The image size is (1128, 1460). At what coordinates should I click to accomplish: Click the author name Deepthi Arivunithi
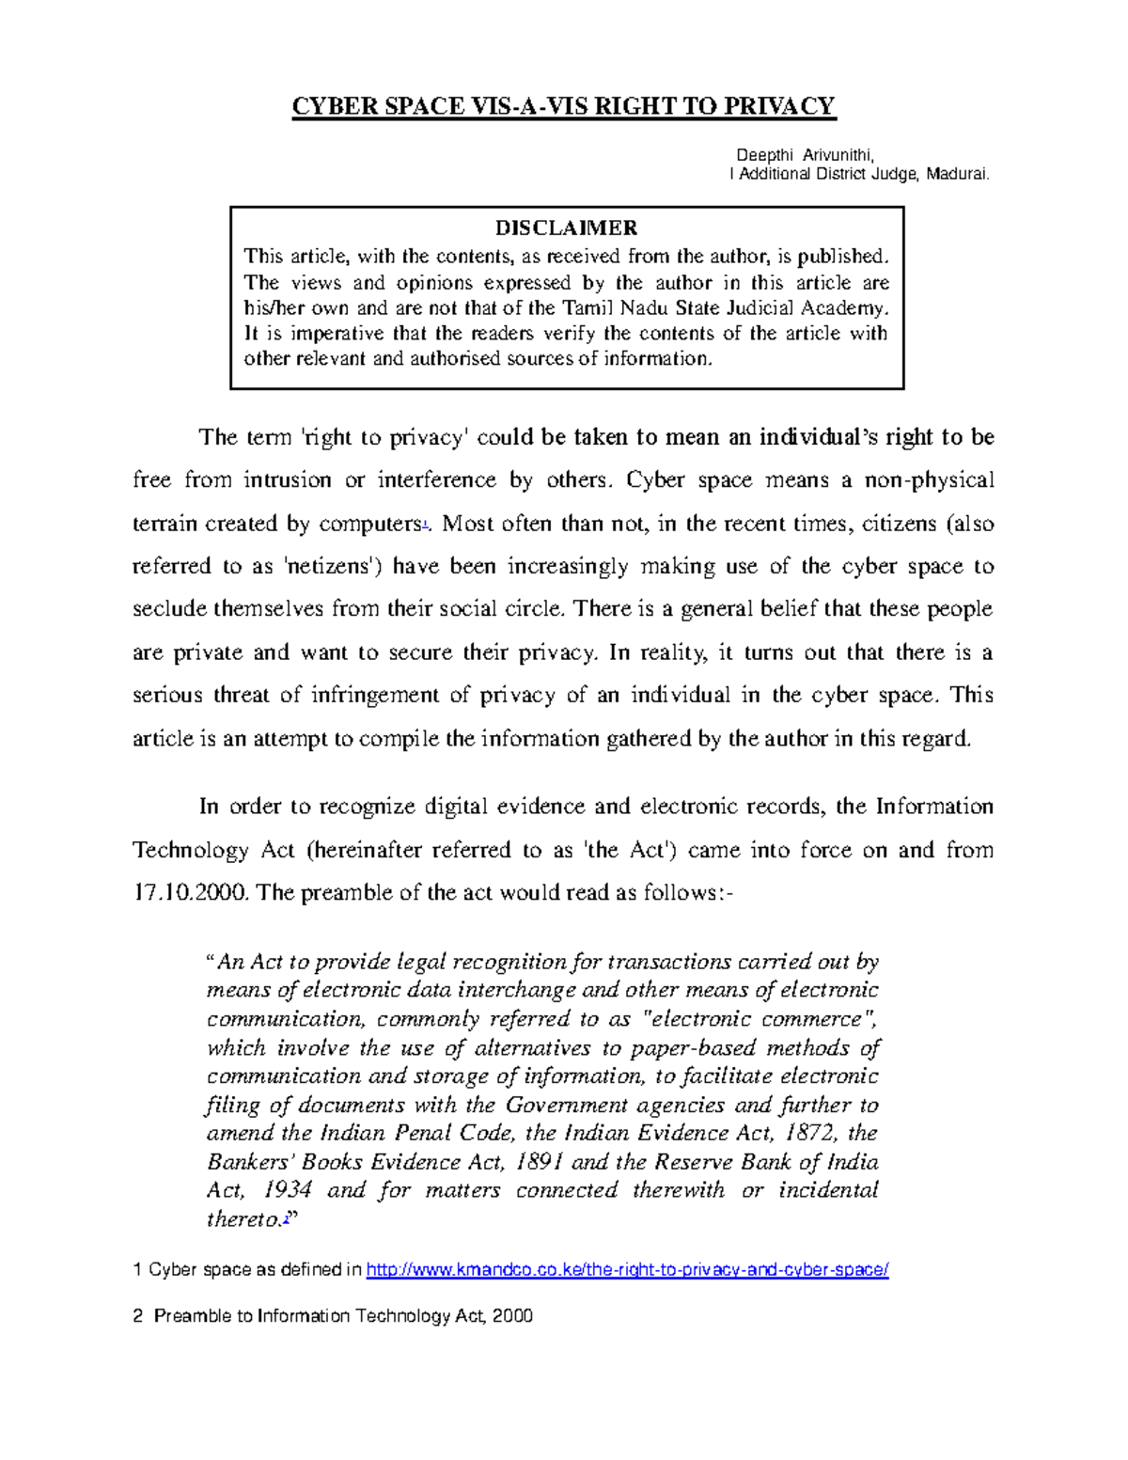tap(806, 155)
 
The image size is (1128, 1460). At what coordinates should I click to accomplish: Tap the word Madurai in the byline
tap(957, 174)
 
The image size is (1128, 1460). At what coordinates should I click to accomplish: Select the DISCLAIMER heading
tap(566, 228)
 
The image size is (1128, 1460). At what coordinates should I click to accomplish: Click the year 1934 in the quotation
tap(287, 1190)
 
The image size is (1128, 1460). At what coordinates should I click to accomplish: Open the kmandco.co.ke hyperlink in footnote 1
tap(627, 1270)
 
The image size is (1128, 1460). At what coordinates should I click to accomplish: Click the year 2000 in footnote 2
tap(512, 1316)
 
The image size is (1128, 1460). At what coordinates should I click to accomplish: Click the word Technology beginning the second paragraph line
tap(191, 851)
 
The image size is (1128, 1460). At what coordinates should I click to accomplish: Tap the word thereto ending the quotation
tap(243, 1219)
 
